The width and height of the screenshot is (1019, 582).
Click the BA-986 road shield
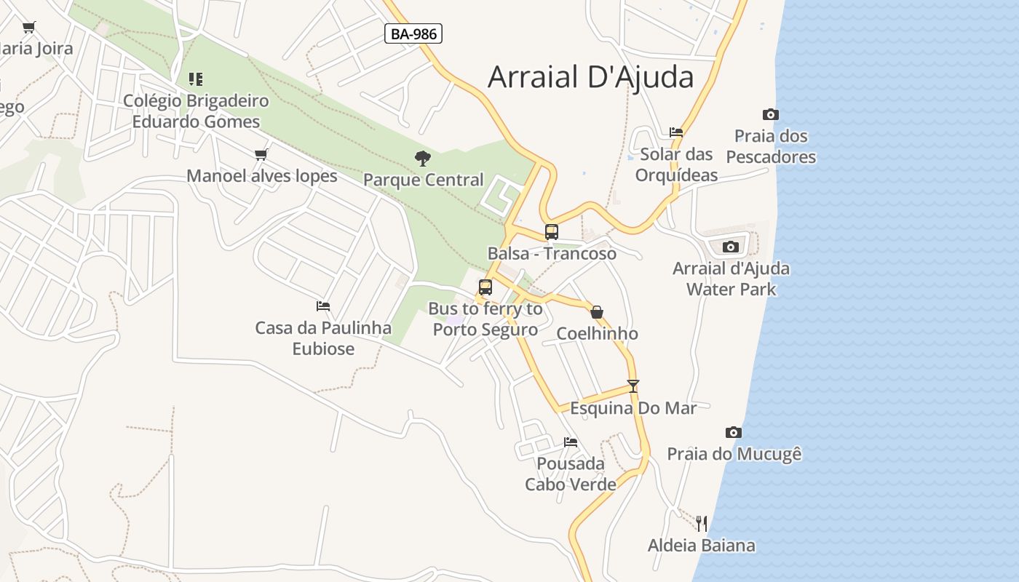coord(413,33)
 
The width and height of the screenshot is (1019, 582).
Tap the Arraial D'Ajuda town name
coord(590,76)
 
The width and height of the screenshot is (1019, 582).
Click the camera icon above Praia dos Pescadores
coord(770,114)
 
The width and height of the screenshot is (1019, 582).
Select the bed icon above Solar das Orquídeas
coord(676,132)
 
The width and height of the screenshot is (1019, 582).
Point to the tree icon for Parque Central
coord(422,158)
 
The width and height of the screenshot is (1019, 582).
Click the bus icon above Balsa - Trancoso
coord(552,232)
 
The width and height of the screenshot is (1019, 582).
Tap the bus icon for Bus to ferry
coord(485,287)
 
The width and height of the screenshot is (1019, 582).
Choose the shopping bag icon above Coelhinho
coord(597,312)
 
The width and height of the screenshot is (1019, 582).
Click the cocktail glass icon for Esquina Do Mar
coord(633,386)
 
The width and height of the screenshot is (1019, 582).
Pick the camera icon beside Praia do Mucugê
coord(734,432)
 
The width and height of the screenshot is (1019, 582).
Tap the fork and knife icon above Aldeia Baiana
coord(701,523)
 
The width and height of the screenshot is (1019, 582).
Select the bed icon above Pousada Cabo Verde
coord(571,442)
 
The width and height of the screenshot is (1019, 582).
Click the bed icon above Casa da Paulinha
coord(323,306)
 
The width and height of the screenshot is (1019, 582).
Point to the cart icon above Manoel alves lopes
coord(261,154)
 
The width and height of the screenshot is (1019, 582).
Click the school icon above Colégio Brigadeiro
coord(195,79)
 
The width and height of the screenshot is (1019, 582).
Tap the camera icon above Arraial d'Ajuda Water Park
coord(731,247)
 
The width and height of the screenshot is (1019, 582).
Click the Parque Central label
coord(423,180)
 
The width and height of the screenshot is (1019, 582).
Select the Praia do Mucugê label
coord(734,454)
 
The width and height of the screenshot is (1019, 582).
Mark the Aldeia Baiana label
coord(702,545)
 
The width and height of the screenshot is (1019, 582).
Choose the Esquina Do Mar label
coord(633,407)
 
